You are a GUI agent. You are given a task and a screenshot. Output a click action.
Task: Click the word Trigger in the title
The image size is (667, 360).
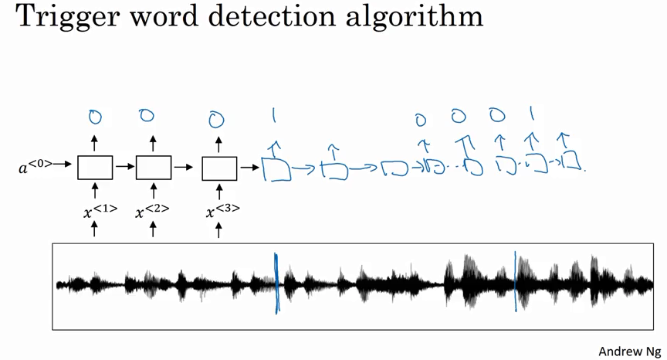point(59,17)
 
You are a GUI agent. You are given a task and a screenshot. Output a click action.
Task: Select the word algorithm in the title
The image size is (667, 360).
point(418,17)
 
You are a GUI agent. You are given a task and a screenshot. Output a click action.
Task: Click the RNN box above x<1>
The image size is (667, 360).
point(95,168)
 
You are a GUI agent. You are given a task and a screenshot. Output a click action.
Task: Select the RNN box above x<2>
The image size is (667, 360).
point(154,168)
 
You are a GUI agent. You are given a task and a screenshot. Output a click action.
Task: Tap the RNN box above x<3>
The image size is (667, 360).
point(219,168)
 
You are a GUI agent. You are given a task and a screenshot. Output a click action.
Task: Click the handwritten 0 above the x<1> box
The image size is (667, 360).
point(94,117)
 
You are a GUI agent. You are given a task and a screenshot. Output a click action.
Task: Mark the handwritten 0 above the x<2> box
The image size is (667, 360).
point(147,116)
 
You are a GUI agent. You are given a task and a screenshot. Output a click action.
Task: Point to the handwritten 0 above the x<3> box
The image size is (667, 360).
point(217,120)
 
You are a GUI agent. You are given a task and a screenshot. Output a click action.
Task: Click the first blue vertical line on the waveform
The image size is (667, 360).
point(276,284)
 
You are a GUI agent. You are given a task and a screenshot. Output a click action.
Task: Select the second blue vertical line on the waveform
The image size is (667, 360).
point(515,282)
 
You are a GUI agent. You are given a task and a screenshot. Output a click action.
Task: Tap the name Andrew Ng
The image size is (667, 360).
point(629,350)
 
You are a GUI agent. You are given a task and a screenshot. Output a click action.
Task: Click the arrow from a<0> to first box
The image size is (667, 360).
point(64,165)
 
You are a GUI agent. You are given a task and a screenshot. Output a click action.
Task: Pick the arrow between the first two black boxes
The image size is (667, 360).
point(124,167)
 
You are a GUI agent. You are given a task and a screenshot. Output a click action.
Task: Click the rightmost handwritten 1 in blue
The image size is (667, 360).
point(531,115)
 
